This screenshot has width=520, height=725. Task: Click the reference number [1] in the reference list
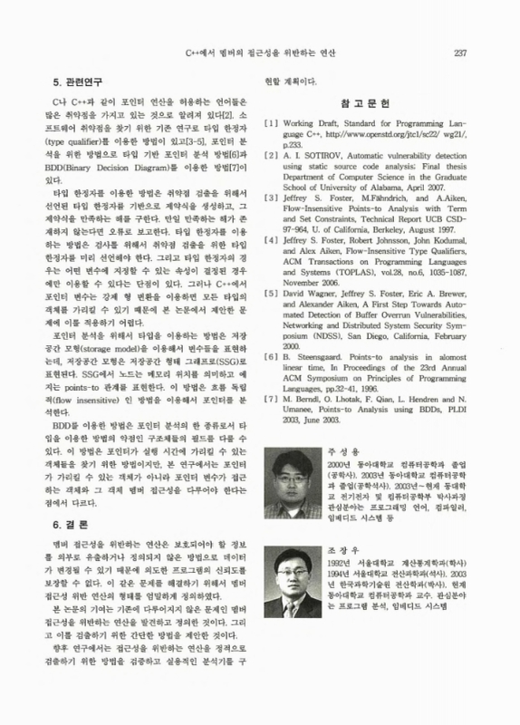pyautogui.click(x=269, y=122)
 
